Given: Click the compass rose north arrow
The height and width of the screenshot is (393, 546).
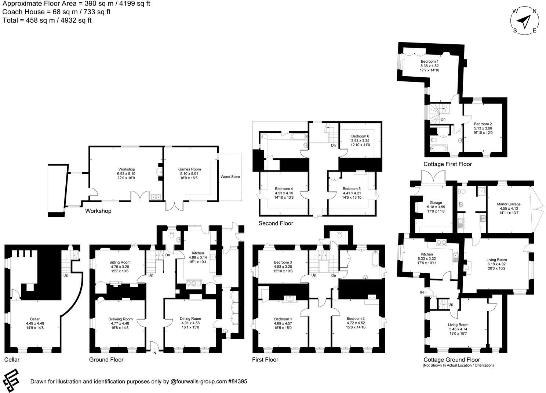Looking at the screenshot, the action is tap(525, 21).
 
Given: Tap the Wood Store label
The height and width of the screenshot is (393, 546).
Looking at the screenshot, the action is tap(230, 177).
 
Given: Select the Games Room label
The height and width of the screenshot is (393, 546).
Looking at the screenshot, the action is tap(189, 169).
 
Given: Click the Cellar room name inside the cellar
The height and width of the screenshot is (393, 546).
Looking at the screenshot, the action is tap(35, 319).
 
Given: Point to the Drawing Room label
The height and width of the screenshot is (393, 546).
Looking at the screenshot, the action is tap(120, 319).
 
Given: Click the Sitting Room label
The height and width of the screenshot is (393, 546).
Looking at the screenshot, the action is tap(120, 262).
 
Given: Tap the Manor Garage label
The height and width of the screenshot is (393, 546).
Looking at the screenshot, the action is tap(509, 204).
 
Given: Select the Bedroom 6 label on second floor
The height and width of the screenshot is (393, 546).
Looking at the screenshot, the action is tap(360, 136).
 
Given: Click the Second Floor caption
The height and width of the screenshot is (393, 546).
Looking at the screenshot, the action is tap(276, 223).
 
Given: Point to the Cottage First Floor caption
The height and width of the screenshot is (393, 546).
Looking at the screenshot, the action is tap(447, 164).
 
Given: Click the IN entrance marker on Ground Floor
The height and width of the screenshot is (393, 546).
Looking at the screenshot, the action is tap(154, 353).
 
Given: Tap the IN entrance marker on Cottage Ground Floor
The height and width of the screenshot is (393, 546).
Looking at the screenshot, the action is tap(422, 292).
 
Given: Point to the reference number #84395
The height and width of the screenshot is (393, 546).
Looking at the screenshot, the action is tap(237, 382).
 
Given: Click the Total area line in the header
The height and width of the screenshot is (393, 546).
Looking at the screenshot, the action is tap(47, 21).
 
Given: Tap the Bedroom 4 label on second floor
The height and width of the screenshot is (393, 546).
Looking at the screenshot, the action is tap(284, 189).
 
